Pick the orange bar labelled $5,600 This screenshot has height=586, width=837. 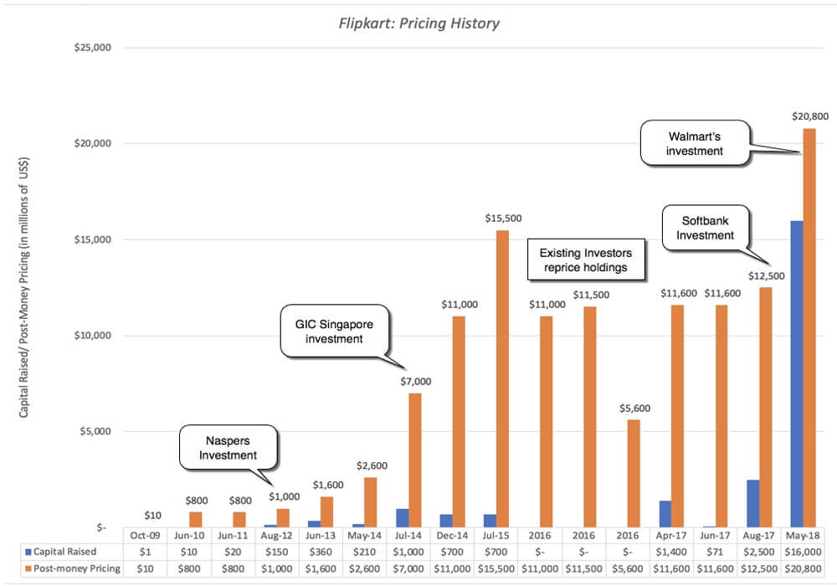point(634,473)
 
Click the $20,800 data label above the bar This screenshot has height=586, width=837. point(809,117)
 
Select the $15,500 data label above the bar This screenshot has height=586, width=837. point(503,218)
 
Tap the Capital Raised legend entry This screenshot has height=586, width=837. point(70,551)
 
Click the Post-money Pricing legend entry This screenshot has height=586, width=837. point(70,568)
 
